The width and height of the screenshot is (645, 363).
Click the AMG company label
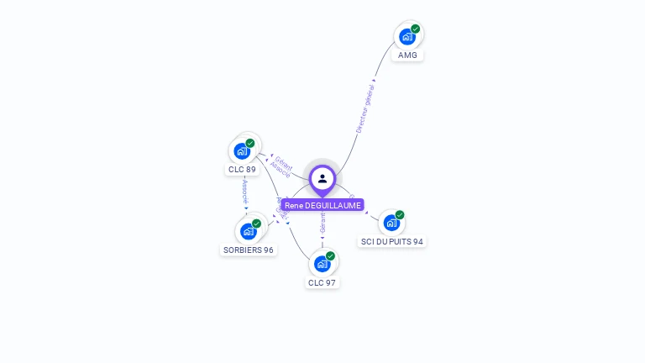pos(407,55)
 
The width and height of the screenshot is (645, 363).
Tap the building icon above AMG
pos(407,37)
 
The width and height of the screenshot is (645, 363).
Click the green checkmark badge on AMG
pos(415,29)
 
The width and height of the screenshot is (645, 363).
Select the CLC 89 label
pos(242,170)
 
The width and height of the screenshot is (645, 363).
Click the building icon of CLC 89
pos(242,151)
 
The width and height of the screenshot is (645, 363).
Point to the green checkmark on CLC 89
pos(250,143)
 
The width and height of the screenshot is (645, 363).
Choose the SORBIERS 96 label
pos(248,250)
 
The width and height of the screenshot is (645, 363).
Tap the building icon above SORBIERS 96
pos(248,231)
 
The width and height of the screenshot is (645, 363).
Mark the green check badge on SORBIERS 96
pos(256,224)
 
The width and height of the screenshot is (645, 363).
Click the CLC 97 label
pos(322,282)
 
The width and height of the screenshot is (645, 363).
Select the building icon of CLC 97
pos(322,264)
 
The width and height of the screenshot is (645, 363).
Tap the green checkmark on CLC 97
pos(330,255)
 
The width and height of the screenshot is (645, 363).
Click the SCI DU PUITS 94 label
pos(392,241)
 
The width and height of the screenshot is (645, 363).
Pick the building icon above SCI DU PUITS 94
pos(391,223)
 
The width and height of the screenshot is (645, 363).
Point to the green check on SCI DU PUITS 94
pos(400,214)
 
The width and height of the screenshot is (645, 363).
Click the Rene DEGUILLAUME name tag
pos(322,205)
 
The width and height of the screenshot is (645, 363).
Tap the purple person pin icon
pos(322,178)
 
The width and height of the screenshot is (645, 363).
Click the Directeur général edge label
pos(364,108)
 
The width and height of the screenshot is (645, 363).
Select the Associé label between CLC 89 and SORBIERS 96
pos(244,191)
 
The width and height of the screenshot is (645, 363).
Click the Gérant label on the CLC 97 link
pos(322,223)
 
